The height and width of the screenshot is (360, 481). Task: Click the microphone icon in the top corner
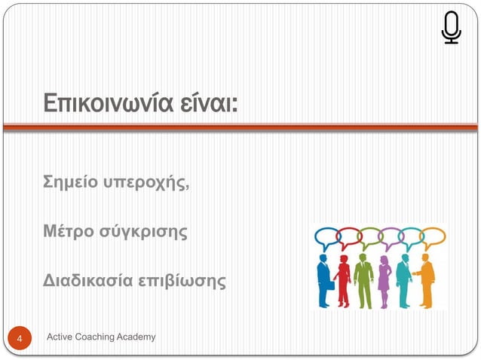pyautogui.click(x=451, y=28)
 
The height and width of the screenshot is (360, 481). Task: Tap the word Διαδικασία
pyautogui.click(x=84, y=282)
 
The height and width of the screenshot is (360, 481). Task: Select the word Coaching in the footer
pyautogui.click(x=103, y=337)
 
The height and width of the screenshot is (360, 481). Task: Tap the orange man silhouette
pyautogui.click(x=427, y=280)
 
